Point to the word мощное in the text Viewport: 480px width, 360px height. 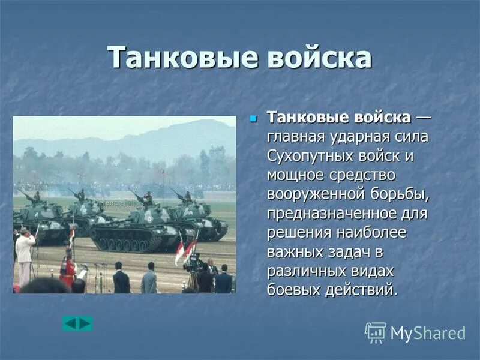[x=294, y=175]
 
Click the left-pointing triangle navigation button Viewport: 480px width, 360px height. [x=70, y=324]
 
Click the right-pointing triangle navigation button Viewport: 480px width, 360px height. [x=85, y=324]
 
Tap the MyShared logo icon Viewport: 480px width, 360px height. [x=376, y=332]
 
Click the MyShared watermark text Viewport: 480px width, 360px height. [x=428, y=334]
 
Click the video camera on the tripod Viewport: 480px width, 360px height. [x=193, y=263]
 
